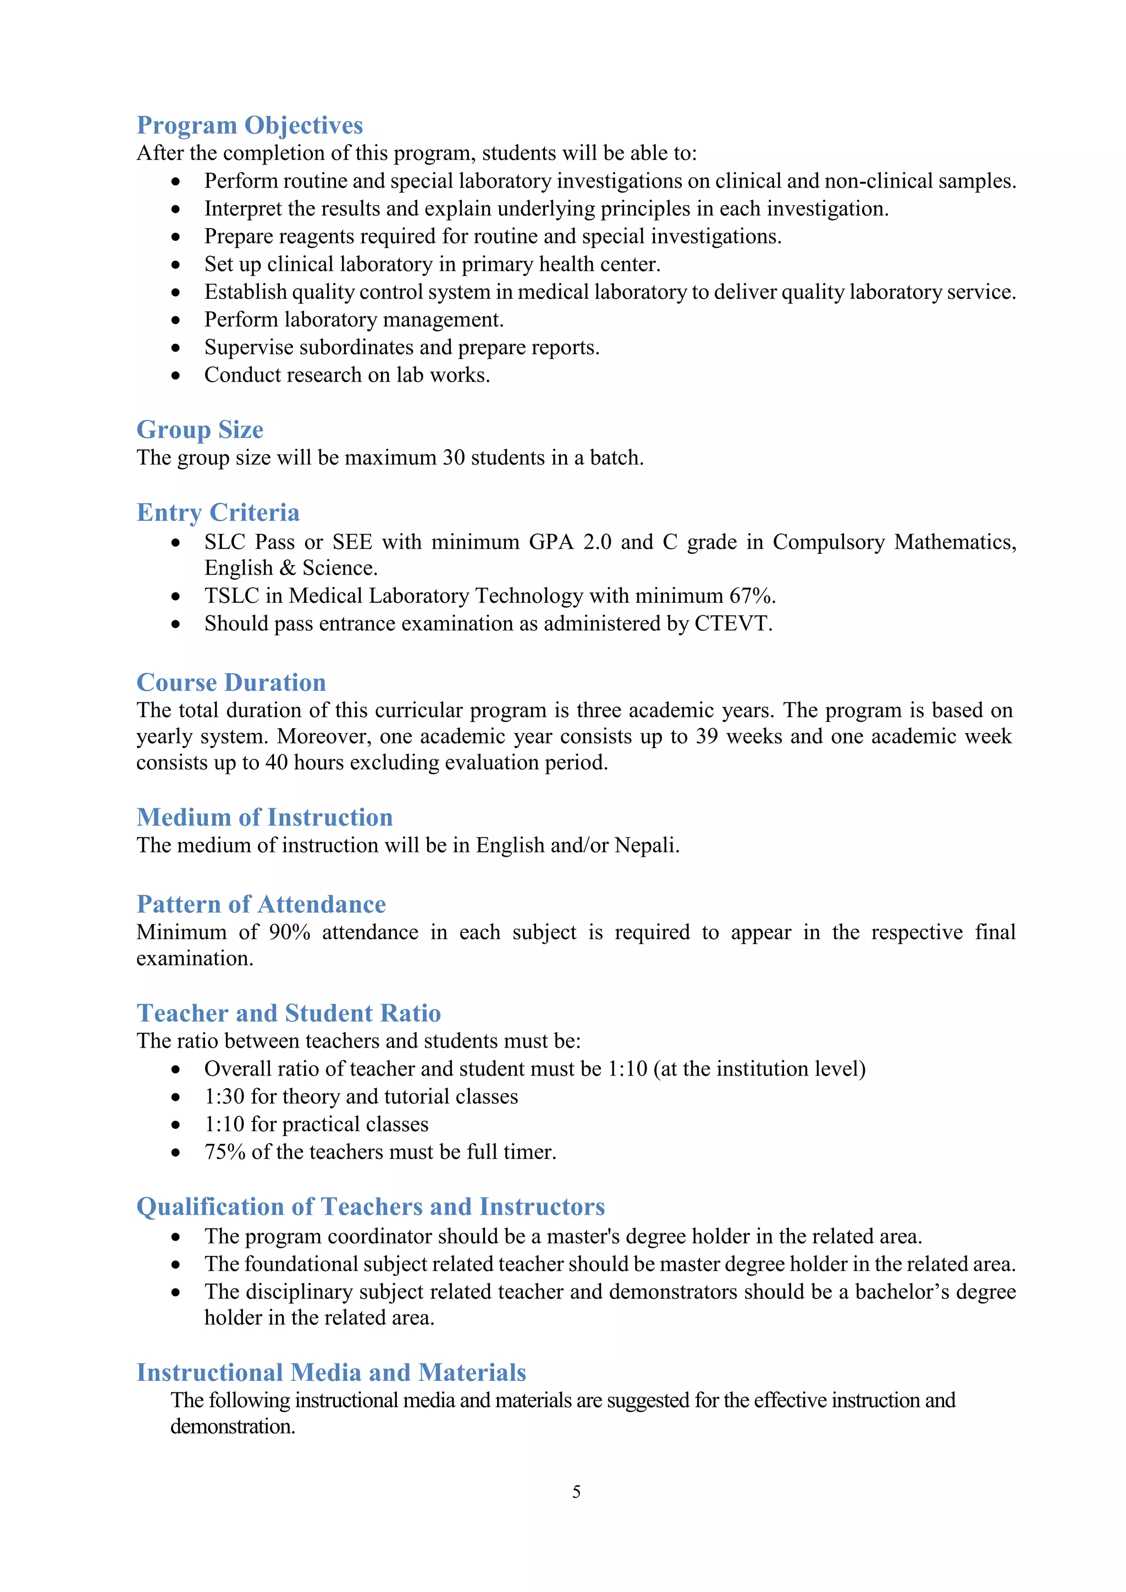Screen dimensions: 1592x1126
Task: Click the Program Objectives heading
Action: pos(250,125)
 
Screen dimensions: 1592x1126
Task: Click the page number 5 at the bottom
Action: pos(576,1491)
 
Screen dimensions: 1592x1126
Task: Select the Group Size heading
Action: pos(200,430)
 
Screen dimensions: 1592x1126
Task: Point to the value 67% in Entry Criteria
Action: pos(751,596)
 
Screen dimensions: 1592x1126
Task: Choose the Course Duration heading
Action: pos(231,683)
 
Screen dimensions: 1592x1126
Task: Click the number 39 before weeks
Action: pos(706,736)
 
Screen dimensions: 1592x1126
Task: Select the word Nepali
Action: pos(645,846)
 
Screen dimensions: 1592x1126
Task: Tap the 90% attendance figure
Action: pos(289,933)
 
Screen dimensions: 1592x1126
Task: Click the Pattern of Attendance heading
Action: pos(261,905)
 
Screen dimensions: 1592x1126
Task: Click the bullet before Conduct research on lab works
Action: pos(176,376)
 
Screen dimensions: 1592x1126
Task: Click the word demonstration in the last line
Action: pos(232,1427)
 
